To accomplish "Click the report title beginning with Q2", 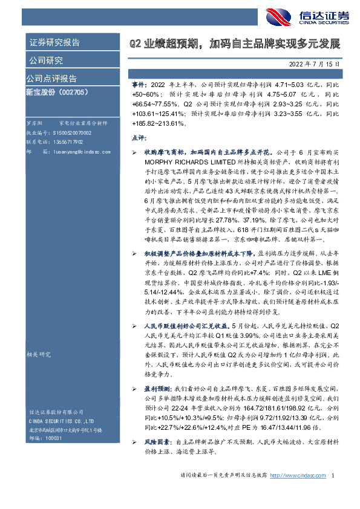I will click(x=235, y=44).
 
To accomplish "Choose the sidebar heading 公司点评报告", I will click(x=51, y=79).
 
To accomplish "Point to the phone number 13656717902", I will click(x=68, y=141).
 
